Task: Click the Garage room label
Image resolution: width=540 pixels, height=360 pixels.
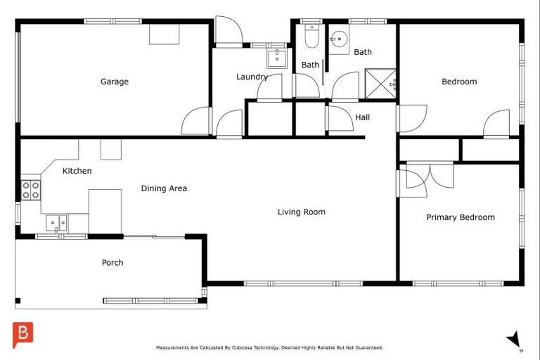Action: point(114,82)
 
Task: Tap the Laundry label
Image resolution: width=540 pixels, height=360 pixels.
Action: point(252,77)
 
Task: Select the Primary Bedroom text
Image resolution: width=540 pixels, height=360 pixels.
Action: point(460,217)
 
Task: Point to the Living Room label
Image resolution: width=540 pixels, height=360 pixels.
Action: point(301,212)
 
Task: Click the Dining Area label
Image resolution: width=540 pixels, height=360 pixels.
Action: point(164,188)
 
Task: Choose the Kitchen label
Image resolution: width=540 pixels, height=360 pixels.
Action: point(77,171)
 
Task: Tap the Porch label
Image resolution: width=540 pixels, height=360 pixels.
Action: point(112,263)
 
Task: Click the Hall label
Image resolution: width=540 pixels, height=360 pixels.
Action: point(362,117)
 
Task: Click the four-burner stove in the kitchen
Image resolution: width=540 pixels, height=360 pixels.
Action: point(30,190)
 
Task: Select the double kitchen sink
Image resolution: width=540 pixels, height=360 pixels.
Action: point(57,224)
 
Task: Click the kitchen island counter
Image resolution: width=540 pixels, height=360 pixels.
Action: point(105,211)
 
